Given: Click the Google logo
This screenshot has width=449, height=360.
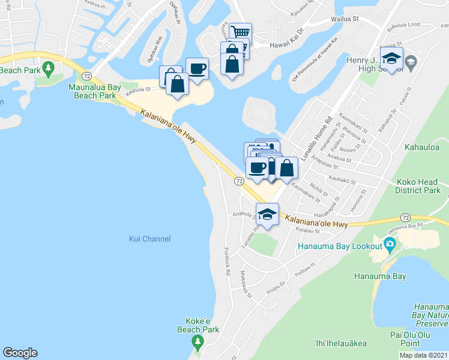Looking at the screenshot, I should pos(20,353).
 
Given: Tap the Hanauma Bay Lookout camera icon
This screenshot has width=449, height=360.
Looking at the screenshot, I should pos(390,244).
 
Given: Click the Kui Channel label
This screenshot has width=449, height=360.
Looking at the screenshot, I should pos(149,239).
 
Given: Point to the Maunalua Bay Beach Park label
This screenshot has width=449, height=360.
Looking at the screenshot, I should pos(94,91).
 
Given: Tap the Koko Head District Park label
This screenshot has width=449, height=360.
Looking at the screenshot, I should pos(418,186).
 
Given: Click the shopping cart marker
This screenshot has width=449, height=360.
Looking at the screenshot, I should pos(240,32).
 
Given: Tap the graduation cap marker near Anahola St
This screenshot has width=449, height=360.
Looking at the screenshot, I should pos(267,214).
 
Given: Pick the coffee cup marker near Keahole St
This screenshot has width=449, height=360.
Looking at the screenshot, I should pos(197,68).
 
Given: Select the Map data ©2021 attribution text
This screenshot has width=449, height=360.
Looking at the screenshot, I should pos(424,355).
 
